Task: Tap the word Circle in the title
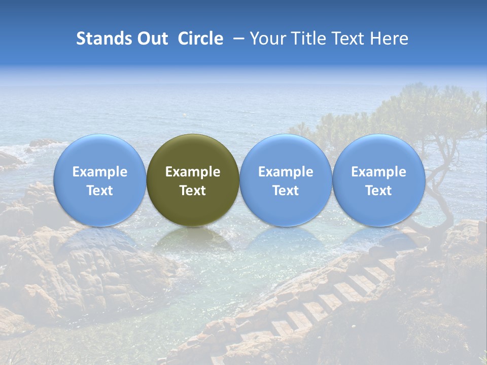(x=200, y=39)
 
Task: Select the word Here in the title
(x=388, y=39)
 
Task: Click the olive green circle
(x=193, y=180)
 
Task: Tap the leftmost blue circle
(x=99, y=180)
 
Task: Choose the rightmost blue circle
(x=378, y=180)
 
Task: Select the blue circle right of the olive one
(x=286, y=180)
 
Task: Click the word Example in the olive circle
(x=193, y=172)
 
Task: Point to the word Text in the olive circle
(x=193, y=191)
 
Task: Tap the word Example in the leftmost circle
(x=99, y=172)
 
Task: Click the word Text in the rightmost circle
(x=378, y=191)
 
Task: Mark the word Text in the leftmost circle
(x=99, y=191)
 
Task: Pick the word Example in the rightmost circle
(x=378, y=172)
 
